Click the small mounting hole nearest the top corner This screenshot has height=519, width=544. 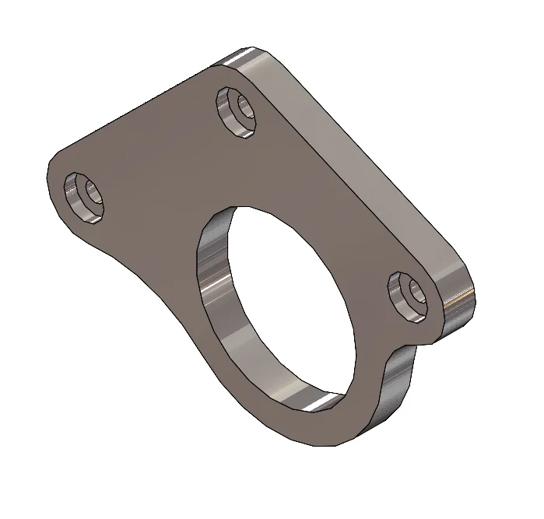(238, 111)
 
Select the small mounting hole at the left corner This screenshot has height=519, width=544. (84, 197)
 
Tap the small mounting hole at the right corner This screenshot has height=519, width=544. (410, 296)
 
